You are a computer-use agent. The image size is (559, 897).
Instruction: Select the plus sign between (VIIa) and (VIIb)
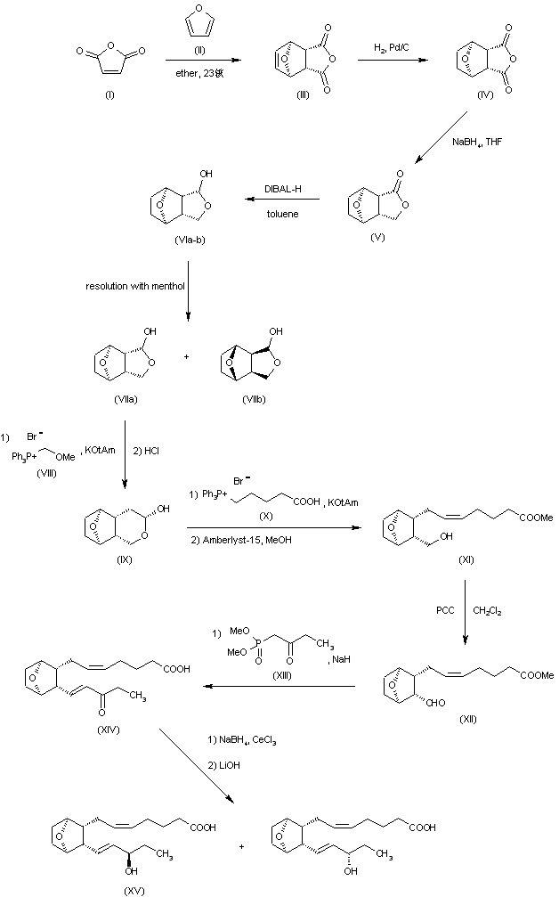(186, 355)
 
